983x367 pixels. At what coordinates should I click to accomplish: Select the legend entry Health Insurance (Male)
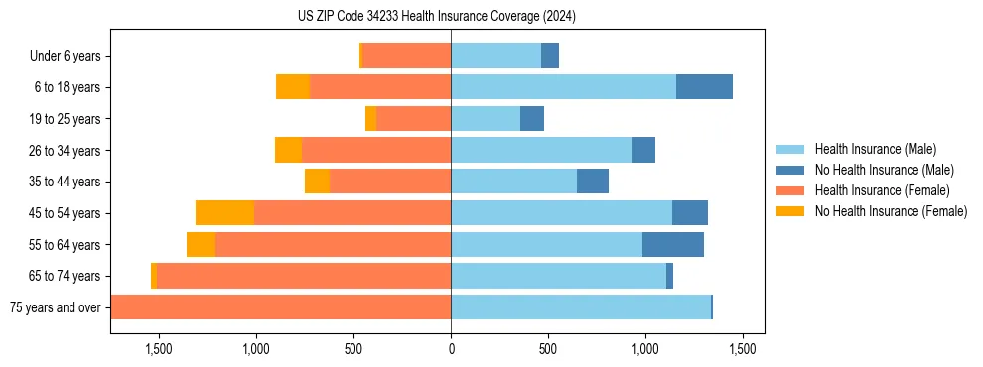tap(875, 149)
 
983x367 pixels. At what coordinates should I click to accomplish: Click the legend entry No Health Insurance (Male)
tap(884, 170)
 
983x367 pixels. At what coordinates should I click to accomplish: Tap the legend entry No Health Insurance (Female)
tap(891, 211)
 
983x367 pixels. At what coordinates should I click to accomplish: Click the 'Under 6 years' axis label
tap(65, 57)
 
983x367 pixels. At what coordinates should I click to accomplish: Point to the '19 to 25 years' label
tap(64, 119)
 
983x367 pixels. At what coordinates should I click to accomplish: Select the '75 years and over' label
tap(56, 307)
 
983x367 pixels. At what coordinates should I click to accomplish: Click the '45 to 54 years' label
tap(64, 213)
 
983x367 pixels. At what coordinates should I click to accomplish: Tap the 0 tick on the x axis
tap(451, 349)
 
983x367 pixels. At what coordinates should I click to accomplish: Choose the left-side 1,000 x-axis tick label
tap(256, 349)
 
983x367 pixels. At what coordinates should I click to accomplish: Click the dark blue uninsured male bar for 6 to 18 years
tap(704, 87)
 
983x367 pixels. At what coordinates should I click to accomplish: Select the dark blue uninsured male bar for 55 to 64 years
tap(672, 244)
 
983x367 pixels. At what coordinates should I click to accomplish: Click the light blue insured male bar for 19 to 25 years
tap(486, 119)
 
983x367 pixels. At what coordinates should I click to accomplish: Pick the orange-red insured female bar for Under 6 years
tap(406, 57)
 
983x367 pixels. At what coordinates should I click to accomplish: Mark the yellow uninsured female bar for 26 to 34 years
tap(288, 150)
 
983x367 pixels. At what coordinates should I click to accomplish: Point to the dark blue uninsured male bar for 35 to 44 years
tap(592, 182)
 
